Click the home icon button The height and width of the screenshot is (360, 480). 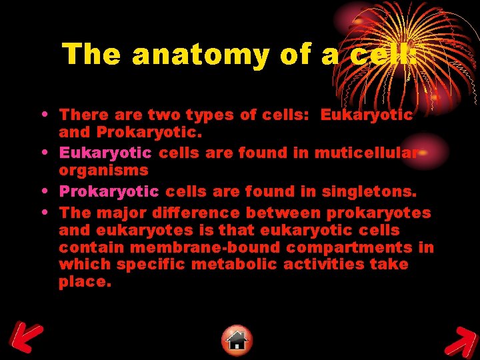[237, 341]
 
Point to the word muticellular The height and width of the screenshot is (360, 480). [366, 153]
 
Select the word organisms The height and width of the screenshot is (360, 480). [103, 170]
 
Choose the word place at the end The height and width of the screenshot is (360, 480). [84, 281]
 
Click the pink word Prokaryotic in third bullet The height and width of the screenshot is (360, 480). [109, 192]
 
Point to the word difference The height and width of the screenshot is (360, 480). [197, 213]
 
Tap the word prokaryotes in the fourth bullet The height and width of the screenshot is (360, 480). [379, 213]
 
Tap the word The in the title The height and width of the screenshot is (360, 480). [93, 54]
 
